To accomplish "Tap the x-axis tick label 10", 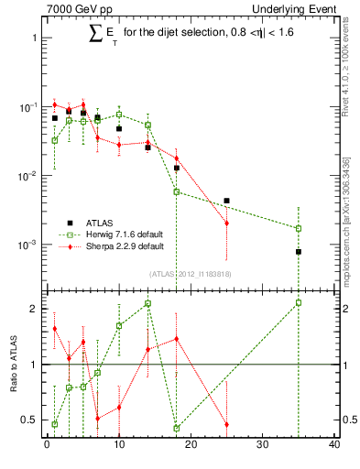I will click(x=118, y=445).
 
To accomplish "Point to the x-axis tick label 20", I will click(x=191, y=445).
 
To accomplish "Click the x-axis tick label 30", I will click(x=262, y=445).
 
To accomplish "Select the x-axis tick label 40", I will click(x=334, y=445).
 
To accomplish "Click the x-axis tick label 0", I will click(x=47, y=445).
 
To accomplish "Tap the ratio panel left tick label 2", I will click(x=34, y=309).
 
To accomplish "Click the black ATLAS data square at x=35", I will click(x=299, y=252).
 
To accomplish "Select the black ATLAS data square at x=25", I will click(x=226, y=201).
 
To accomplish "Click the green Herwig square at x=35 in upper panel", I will click(x=299, y=228).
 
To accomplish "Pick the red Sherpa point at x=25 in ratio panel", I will click(x=226, y=425).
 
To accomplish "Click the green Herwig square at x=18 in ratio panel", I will click(x=176, y=428).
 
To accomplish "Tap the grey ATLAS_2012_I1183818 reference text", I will click(x=191, y=272).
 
